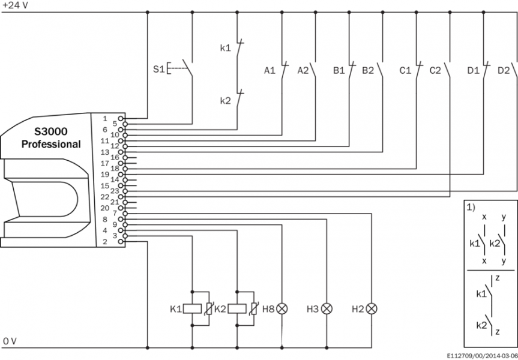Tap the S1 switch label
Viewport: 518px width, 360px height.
(x=158, y=69)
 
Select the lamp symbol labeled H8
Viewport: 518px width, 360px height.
(x=283, y=309)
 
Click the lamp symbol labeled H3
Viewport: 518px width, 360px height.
(x=327, y=309)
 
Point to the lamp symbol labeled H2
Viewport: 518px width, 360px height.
(x=372, y=309)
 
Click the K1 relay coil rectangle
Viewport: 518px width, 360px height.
(x=192, y=309)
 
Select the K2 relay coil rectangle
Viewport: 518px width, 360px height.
(x=237, y=309)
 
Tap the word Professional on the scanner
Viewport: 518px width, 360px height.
(x=51, y=144)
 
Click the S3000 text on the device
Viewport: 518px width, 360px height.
(x=51, y=132)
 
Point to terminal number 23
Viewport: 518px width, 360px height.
(x=105, y=190)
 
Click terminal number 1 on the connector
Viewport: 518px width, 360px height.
(x=104, y=119)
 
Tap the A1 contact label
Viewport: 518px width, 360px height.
(x=270, y=70)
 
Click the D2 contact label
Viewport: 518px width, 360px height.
(x=504, y=70)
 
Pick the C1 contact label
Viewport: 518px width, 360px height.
(x=405, y=70)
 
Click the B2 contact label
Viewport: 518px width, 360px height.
(x=367, y=70)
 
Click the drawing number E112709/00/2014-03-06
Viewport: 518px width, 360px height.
(x=482, y=355)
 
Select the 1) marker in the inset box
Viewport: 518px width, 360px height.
(x=471, y=207)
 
